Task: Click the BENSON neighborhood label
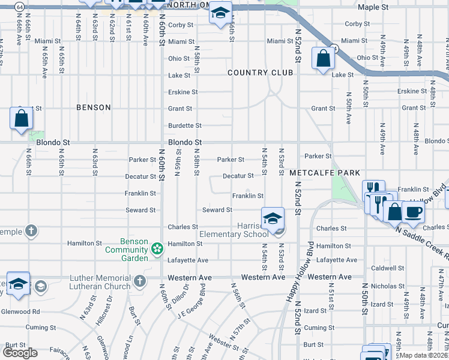(x=94, y=107)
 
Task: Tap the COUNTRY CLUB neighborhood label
(x=260, y=73)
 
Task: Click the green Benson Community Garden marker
(x=157, y=248)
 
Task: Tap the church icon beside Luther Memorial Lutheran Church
(x=139, y=281)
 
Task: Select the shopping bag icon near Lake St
(x=323, y=59)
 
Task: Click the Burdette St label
(x=185, y=125)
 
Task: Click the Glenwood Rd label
(x=20, y=311)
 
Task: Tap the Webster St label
(x=221, y=341)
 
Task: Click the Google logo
(x=20, y=352)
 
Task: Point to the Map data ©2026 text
(x=423, y=355)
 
